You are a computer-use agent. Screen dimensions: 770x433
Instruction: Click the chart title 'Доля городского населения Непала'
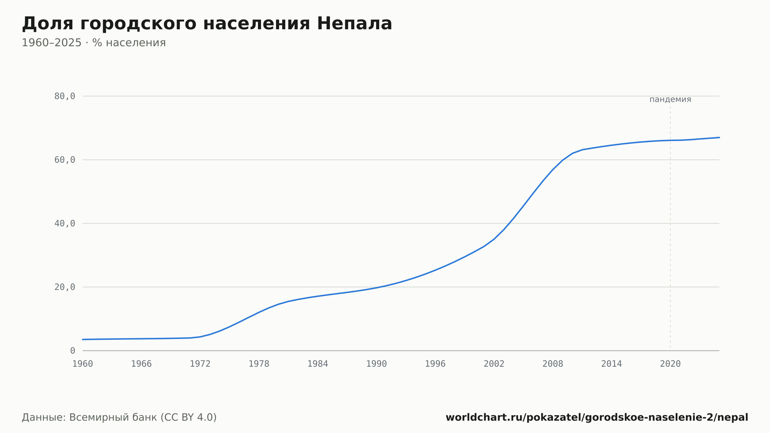pyautogui.click(x=207, y=24)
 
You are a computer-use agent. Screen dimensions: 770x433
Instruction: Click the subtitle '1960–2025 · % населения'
pyautogui.click(x=94, y=43)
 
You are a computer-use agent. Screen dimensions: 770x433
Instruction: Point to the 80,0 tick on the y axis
pyautogui.click(x=65, y=96)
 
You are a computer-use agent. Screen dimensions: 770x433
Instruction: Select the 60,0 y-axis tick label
pyautogui.click(x=65, y=160)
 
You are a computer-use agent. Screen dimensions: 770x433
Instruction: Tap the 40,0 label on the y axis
pyautogui.click(x=65, y=223)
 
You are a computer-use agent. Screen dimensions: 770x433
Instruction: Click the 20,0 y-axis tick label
pyautogui.click(x=65, y=287)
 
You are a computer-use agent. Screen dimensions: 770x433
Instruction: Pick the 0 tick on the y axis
pyautogui.click(x=73, y=351)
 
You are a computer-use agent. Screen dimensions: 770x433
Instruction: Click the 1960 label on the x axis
pyautogui.click(x=83, y=364)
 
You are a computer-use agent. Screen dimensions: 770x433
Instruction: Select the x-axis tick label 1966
pyautogui.click(x=141, y=364)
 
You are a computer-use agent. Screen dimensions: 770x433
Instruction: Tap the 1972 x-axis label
pyautogui.click(x=200, y=364)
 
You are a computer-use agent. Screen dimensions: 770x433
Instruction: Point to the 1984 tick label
pyautogui.click(x=318, y=364)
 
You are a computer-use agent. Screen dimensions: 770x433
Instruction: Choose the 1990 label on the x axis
pyautogui.click(x=377, y=364)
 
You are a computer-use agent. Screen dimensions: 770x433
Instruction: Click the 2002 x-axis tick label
pyautogui.click(x=494, y=364)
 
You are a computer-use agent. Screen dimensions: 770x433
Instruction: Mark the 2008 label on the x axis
pyautogui.click(x=553, y=364)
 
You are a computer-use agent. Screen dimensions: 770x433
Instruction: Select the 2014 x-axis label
pyautogui.click(x=612, y=364)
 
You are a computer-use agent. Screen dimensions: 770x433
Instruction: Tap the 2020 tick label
pyautogui.click(x=670, y=364)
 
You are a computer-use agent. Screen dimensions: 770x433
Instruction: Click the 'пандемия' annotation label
pyautogui.click(x=670, y=99)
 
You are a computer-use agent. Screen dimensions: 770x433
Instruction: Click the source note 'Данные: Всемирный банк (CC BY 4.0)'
pyautogui.click(x=119, y=418)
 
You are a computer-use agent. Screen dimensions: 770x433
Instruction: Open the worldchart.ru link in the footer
pyautogui.click(x=597, y=418)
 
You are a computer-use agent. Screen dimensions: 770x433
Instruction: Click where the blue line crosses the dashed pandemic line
pyautogui.click(x=670, y=140)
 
